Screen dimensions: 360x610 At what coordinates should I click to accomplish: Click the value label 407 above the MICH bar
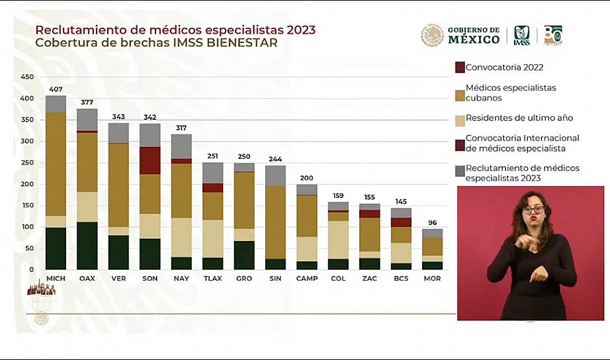tap(56, 89)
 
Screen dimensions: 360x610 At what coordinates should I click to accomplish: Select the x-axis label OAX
tap(87, 279)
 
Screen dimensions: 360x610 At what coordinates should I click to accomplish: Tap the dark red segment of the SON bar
tap(150, 160)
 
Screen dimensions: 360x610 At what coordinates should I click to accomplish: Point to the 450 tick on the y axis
tap(27, 77)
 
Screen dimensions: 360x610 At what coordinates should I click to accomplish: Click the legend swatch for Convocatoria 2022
tap(460, 67)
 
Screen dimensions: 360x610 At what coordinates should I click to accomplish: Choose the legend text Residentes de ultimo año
tap(519, 118)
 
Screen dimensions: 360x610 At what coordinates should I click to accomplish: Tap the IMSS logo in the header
tap(521, 35)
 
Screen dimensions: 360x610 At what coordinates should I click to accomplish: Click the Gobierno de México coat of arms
tap(432, 35)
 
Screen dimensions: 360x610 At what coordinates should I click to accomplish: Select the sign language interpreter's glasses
tap(533, 210)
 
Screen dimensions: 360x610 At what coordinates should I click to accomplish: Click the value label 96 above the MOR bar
tap(432, 223)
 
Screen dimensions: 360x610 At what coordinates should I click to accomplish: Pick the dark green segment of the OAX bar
tap(87, 246)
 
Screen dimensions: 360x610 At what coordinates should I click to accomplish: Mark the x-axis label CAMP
tap(306, 279)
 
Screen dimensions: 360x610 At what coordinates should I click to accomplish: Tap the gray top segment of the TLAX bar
tap(212, 173)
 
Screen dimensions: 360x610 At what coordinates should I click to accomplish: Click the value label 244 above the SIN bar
tap(275, 159)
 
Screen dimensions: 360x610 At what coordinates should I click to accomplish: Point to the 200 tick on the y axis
tap(27, 184)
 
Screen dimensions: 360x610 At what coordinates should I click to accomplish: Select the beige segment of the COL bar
tap(338, 240)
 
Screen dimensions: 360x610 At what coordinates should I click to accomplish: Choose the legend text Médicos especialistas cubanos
tap(510, 93)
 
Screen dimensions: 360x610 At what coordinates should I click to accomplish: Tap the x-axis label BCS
tap(401, 279)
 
